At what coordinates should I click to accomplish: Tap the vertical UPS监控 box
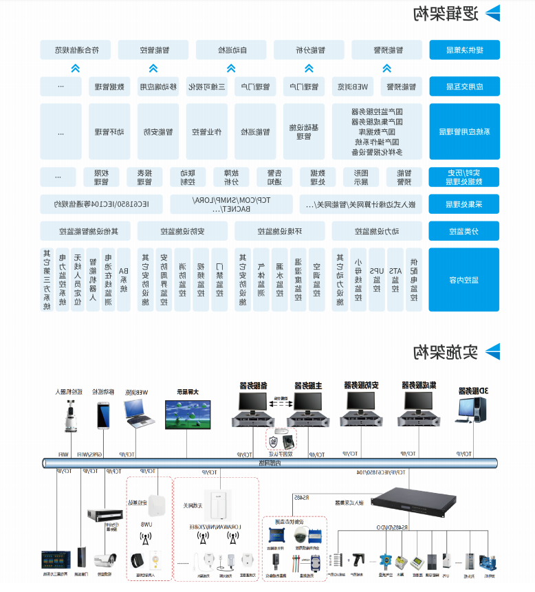click(x=376, y=279)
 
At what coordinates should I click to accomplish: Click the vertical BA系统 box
click(x=124, y=279)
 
